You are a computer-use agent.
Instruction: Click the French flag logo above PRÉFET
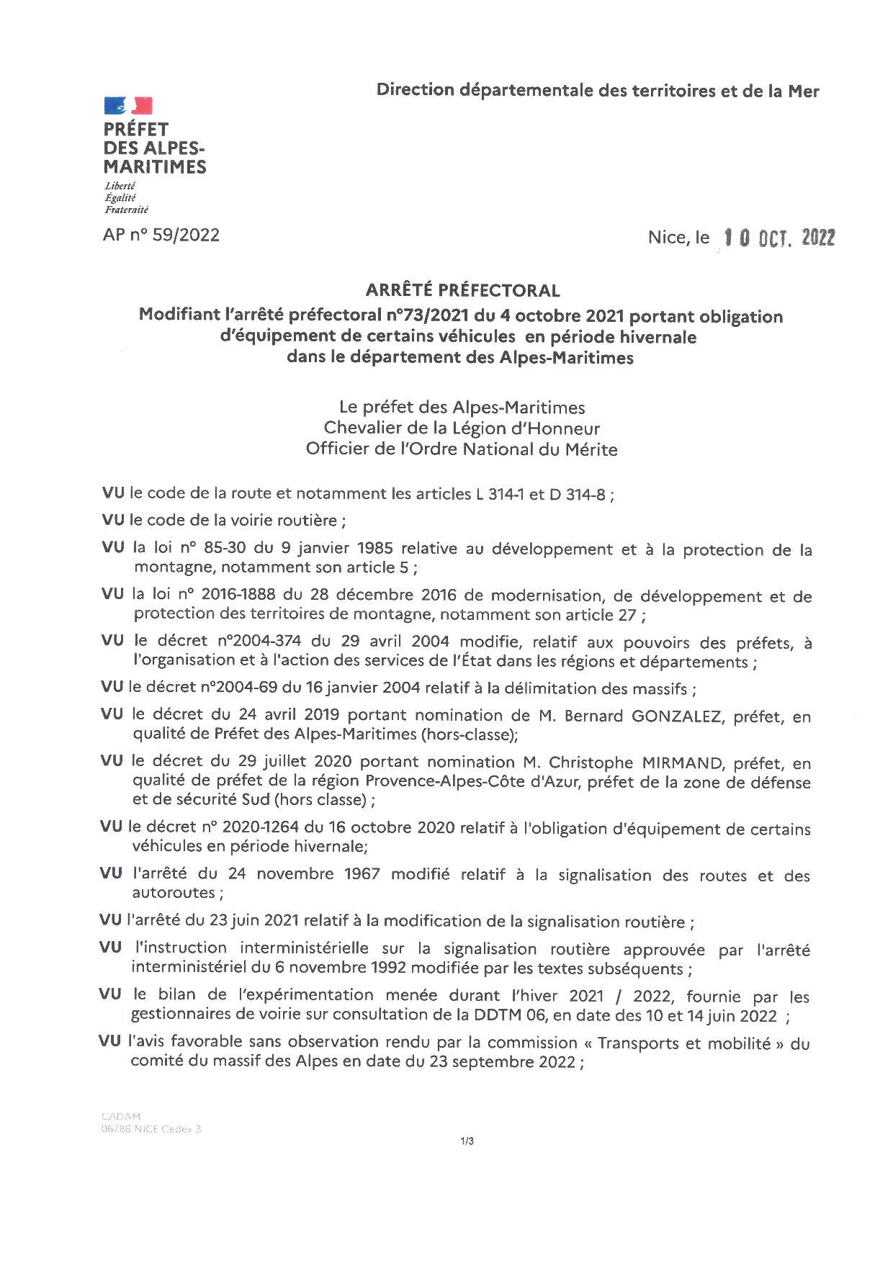(x=128, y=107)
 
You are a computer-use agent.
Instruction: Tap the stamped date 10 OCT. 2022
(x=779, y=238)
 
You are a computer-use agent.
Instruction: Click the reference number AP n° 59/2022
(x=161, y=235)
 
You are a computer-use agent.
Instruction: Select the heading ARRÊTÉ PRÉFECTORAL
(x=462, y=290)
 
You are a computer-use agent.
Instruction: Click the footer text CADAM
(x=121, y=1117)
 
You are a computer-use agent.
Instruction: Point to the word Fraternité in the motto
(x=127, y=210)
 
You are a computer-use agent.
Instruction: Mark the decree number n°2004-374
(x=259, y=642)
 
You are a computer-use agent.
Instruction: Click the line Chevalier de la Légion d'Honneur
(x=462, y=428)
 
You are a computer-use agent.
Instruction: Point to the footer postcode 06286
(x=116, y=1129)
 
